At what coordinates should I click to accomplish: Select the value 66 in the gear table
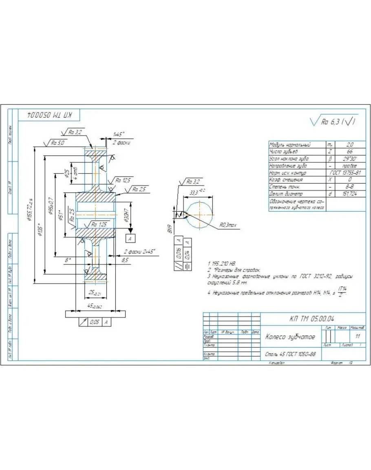[x=349, y=151]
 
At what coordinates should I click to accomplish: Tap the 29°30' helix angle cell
[x=349, y=159]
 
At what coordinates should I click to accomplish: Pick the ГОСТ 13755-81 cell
[x=345, y=173]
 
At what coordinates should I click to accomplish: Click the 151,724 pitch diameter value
[x=349, y=194]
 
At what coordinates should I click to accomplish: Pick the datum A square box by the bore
[x=130, y=238]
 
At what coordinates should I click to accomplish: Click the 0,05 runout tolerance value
[x=95, y=322]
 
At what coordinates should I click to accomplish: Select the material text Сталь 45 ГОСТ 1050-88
[x=290, y=354]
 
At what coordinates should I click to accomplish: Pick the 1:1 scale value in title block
[x=358, y=337]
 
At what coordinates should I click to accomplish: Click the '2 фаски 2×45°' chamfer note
[x=140, y=251]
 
